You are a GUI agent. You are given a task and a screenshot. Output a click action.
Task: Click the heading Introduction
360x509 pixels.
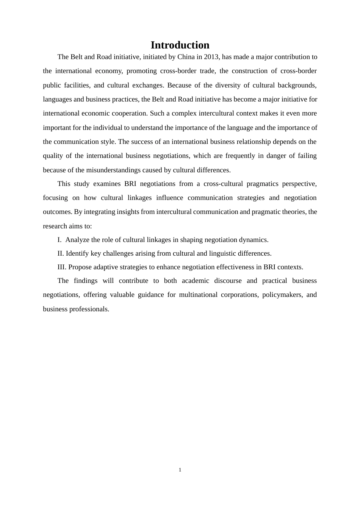click(180, 45)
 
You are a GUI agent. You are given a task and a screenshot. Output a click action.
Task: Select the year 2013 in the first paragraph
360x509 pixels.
click(211, 57)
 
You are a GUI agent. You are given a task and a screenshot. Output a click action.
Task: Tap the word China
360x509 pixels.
click(186, 57)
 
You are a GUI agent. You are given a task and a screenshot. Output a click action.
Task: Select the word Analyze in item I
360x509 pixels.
click(77, 240)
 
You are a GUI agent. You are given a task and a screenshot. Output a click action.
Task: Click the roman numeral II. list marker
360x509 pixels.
click(61, 253)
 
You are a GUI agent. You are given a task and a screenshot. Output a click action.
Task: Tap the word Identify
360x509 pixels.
click(77, 253)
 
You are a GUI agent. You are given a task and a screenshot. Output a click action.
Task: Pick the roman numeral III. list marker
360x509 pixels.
click(62, 267)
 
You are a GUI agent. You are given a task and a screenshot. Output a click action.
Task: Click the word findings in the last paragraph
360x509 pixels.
click(85, 281)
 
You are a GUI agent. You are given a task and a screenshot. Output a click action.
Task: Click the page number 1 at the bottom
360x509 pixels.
click(180, 470)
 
